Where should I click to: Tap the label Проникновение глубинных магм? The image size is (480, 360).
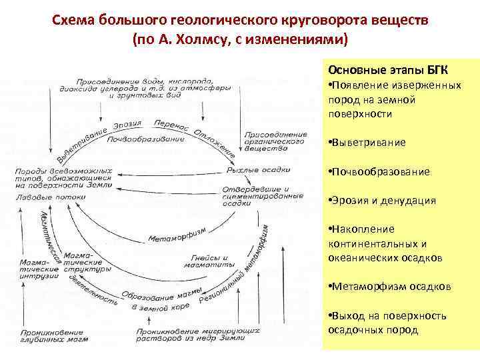(50, 335)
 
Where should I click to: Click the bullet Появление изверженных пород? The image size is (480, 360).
(393, 99)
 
